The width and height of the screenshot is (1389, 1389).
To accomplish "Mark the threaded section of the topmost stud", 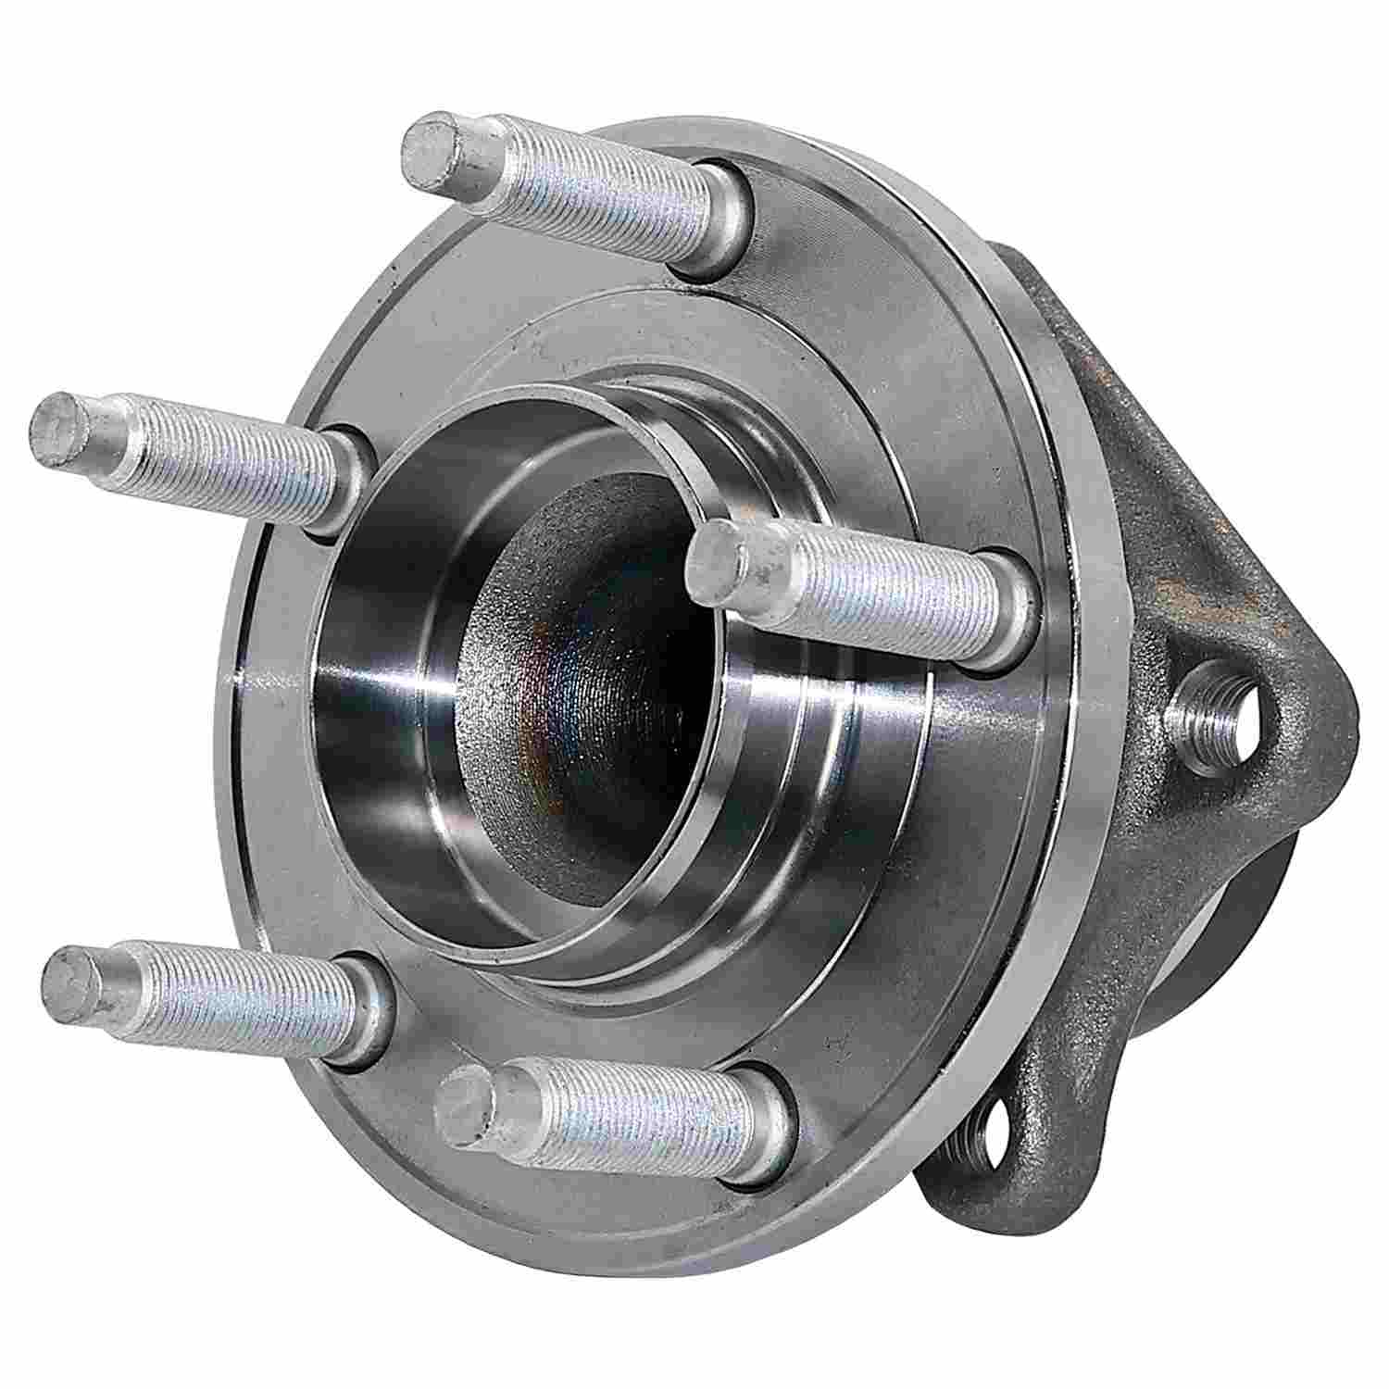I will click(593, 190).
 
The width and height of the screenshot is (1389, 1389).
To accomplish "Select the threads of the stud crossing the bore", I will click(880, 593).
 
